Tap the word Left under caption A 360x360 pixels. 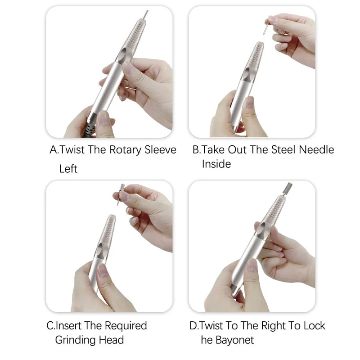[x=68, y=169]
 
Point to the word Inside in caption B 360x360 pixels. [x=216, y=164]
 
